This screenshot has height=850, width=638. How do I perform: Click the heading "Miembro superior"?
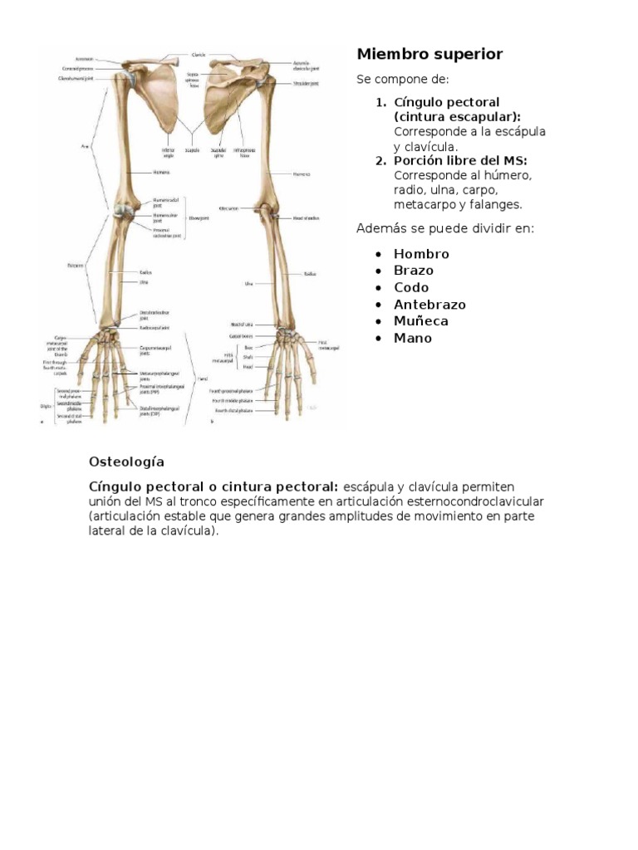click(x=429, y=55)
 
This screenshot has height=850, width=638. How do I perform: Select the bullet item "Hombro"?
click(x=421, y=254)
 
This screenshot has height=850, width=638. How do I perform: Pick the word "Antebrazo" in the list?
click(x=429, y=305)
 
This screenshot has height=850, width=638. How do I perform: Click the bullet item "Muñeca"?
click(x=420, y=321)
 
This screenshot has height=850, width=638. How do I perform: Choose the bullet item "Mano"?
click(x=413, y=338)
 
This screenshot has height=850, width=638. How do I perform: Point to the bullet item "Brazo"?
click(x=414, y=271)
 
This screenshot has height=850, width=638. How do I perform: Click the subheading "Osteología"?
click(x=126, y=461)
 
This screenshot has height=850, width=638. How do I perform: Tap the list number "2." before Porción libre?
click(x=380, y=160)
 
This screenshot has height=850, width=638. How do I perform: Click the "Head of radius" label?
click(x=307, y=217)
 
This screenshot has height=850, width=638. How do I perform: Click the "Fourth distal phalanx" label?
click(x=233, y=410)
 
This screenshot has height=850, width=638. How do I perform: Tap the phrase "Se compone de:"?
click(x=402, y=80)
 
